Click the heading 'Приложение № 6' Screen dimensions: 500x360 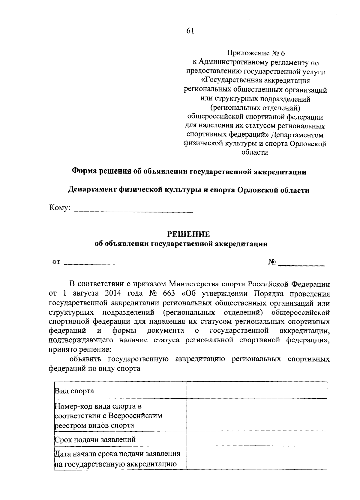point(255,54)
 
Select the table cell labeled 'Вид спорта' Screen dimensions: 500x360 point(74,391)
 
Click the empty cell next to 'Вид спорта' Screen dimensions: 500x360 point(256,390)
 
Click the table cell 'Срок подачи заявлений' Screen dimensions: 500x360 point(95,440)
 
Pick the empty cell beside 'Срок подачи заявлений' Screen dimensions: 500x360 point(256,439)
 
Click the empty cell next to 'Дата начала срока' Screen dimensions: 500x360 point(256,458)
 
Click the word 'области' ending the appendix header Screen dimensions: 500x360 point(255,153)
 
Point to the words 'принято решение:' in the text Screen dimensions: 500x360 point(79,350)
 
